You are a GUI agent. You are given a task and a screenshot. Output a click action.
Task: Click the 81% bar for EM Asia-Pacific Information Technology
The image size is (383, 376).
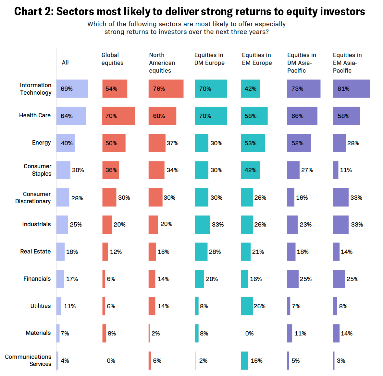tap(352, 89)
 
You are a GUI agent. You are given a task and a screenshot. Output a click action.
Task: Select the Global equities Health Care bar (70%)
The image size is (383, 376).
tap(118, 116)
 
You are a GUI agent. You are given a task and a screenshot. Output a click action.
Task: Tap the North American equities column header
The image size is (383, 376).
tap(162, 63)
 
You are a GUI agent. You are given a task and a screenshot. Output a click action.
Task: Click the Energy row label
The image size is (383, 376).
tap(41, 143)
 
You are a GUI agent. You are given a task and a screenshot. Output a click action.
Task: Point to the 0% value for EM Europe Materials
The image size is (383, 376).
tap(249, 334)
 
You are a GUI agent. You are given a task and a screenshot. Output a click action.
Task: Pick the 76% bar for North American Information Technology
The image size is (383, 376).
tap(166, 89)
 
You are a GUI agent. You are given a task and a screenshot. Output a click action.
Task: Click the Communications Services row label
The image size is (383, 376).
tap(28, 360)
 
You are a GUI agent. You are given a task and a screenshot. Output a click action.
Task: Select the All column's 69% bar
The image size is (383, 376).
tap(72, 89)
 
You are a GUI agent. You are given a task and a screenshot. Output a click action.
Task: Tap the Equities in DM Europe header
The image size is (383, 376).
tap(209, 59)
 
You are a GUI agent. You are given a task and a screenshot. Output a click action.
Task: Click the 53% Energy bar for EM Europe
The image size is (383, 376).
tap(253, 143)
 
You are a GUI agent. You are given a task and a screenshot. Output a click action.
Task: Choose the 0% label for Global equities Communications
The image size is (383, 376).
tap(111, 361)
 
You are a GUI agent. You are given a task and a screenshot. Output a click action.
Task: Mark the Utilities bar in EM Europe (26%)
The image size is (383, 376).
tap(247, 306)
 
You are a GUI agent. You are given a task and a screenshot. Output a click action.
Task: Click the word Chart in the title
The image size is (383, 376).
tap(29, 12)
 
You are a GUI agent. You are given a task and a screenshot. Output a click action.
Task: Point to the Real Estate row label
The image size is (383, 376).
tap(35, 252)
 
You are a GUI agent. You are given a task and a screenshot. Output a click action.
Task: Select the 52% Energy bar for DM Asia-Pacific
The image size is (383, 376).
tap(299, 143)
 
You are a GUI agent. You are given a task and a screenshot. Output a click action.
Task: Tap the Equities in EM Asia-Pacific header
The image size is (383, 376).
tap(347, 63)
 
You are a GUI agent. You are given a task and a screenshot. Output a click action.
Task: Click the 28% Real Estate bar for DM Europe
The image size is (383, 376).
tap(201, 252)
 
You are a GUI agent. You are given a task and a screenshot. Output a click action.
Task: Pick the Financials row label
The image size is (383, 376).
tap(37, 279)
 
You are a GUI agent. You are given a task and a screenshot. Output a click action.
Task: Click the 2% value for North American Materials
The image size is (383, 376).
tap(155, 334)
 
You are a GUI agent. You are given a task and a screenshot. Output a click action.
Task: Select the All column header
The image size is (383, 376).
tap(65, 63)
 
